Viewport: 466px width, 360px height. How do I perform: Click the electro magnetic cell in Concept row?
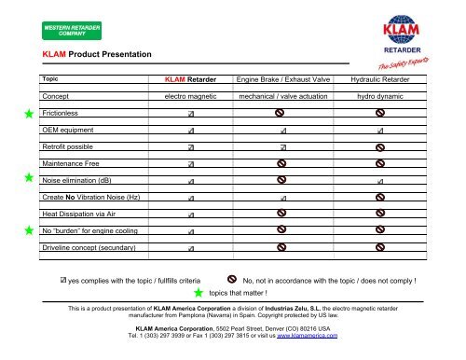(x=191, y=96)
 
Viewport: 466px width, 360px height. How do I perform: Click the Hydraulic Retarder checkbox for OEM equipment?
(x=379, y=131)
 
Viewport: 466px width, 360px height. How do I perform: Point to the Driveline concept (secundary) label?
(x=89, y=248)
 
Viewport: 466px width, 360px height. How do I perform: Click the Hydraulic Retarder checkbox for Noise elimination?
(x=379, y=181)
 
